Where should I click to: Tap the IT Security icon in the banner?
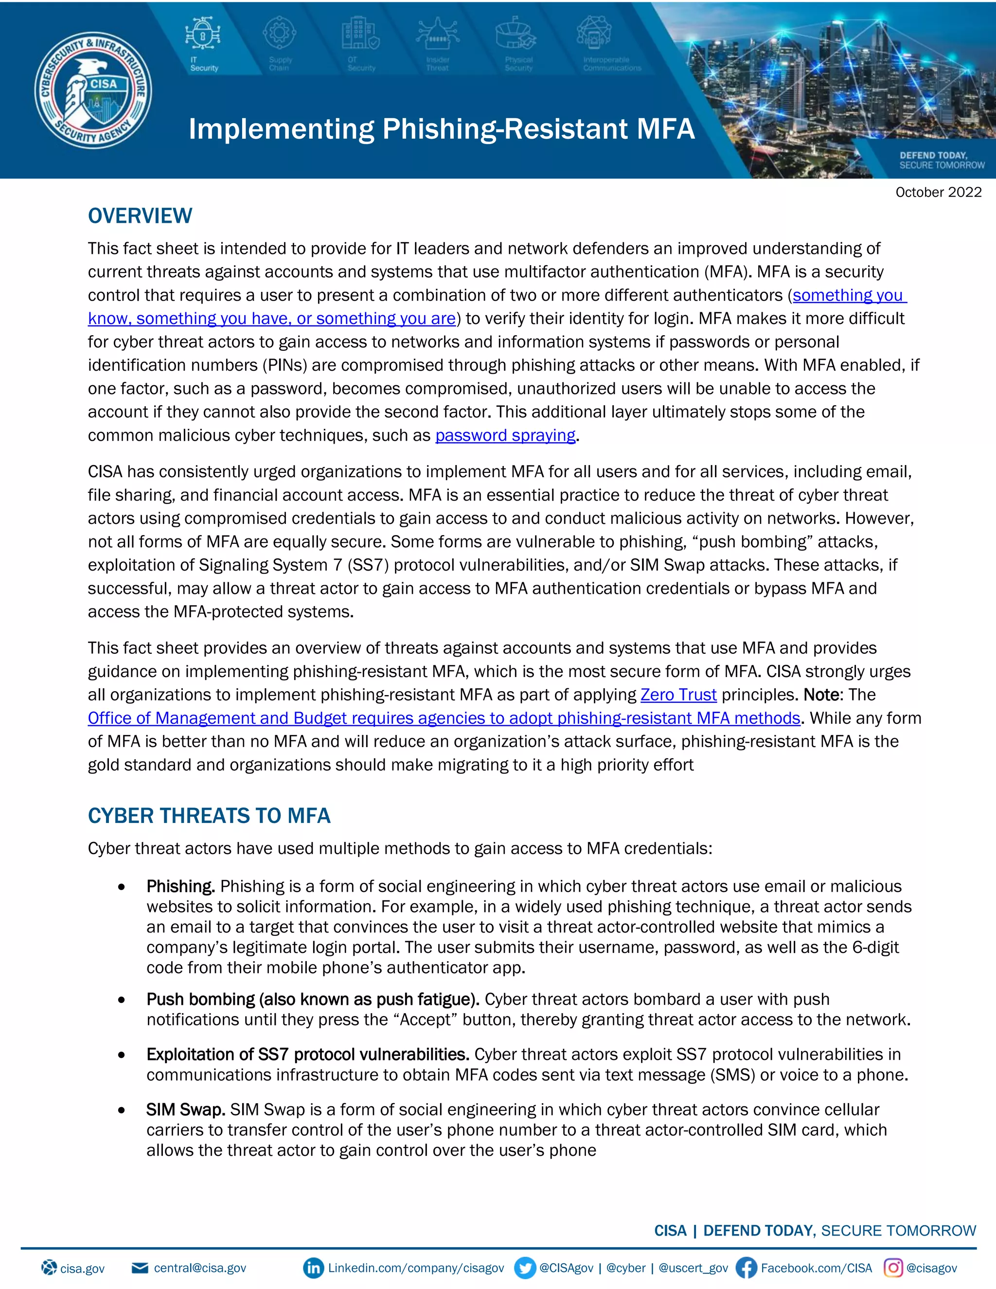[203, 34]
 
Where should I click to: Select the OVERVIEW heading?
[140, 216]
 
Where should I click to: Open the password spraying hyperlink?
[505, 435]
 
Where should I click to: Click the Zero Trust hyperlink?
[678, 695]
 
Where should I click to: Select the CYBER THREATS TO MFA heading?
[209, 816]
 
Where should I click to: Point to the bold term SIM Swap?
[186, 1109]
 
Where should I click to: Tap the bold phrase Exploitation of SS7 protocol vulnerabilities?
[307, 1054]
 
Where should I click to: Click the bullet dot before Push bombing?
[122, 1000]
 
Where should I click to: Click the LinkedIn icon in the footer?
[313, 1268]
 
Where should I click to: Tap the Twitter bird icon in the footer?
[525, 1268]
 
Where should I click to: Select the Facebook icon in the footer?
[746, 1268]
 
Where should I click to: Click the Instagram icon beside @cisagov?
[893, 1268]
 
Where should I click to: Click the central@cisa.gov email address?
[199, 1268]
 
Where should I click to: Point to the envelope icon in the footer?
[140, 1268]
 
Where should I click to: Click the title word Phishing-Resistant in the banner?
[504, 129]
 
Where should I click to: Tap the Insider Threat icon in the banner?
[437, 34]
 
